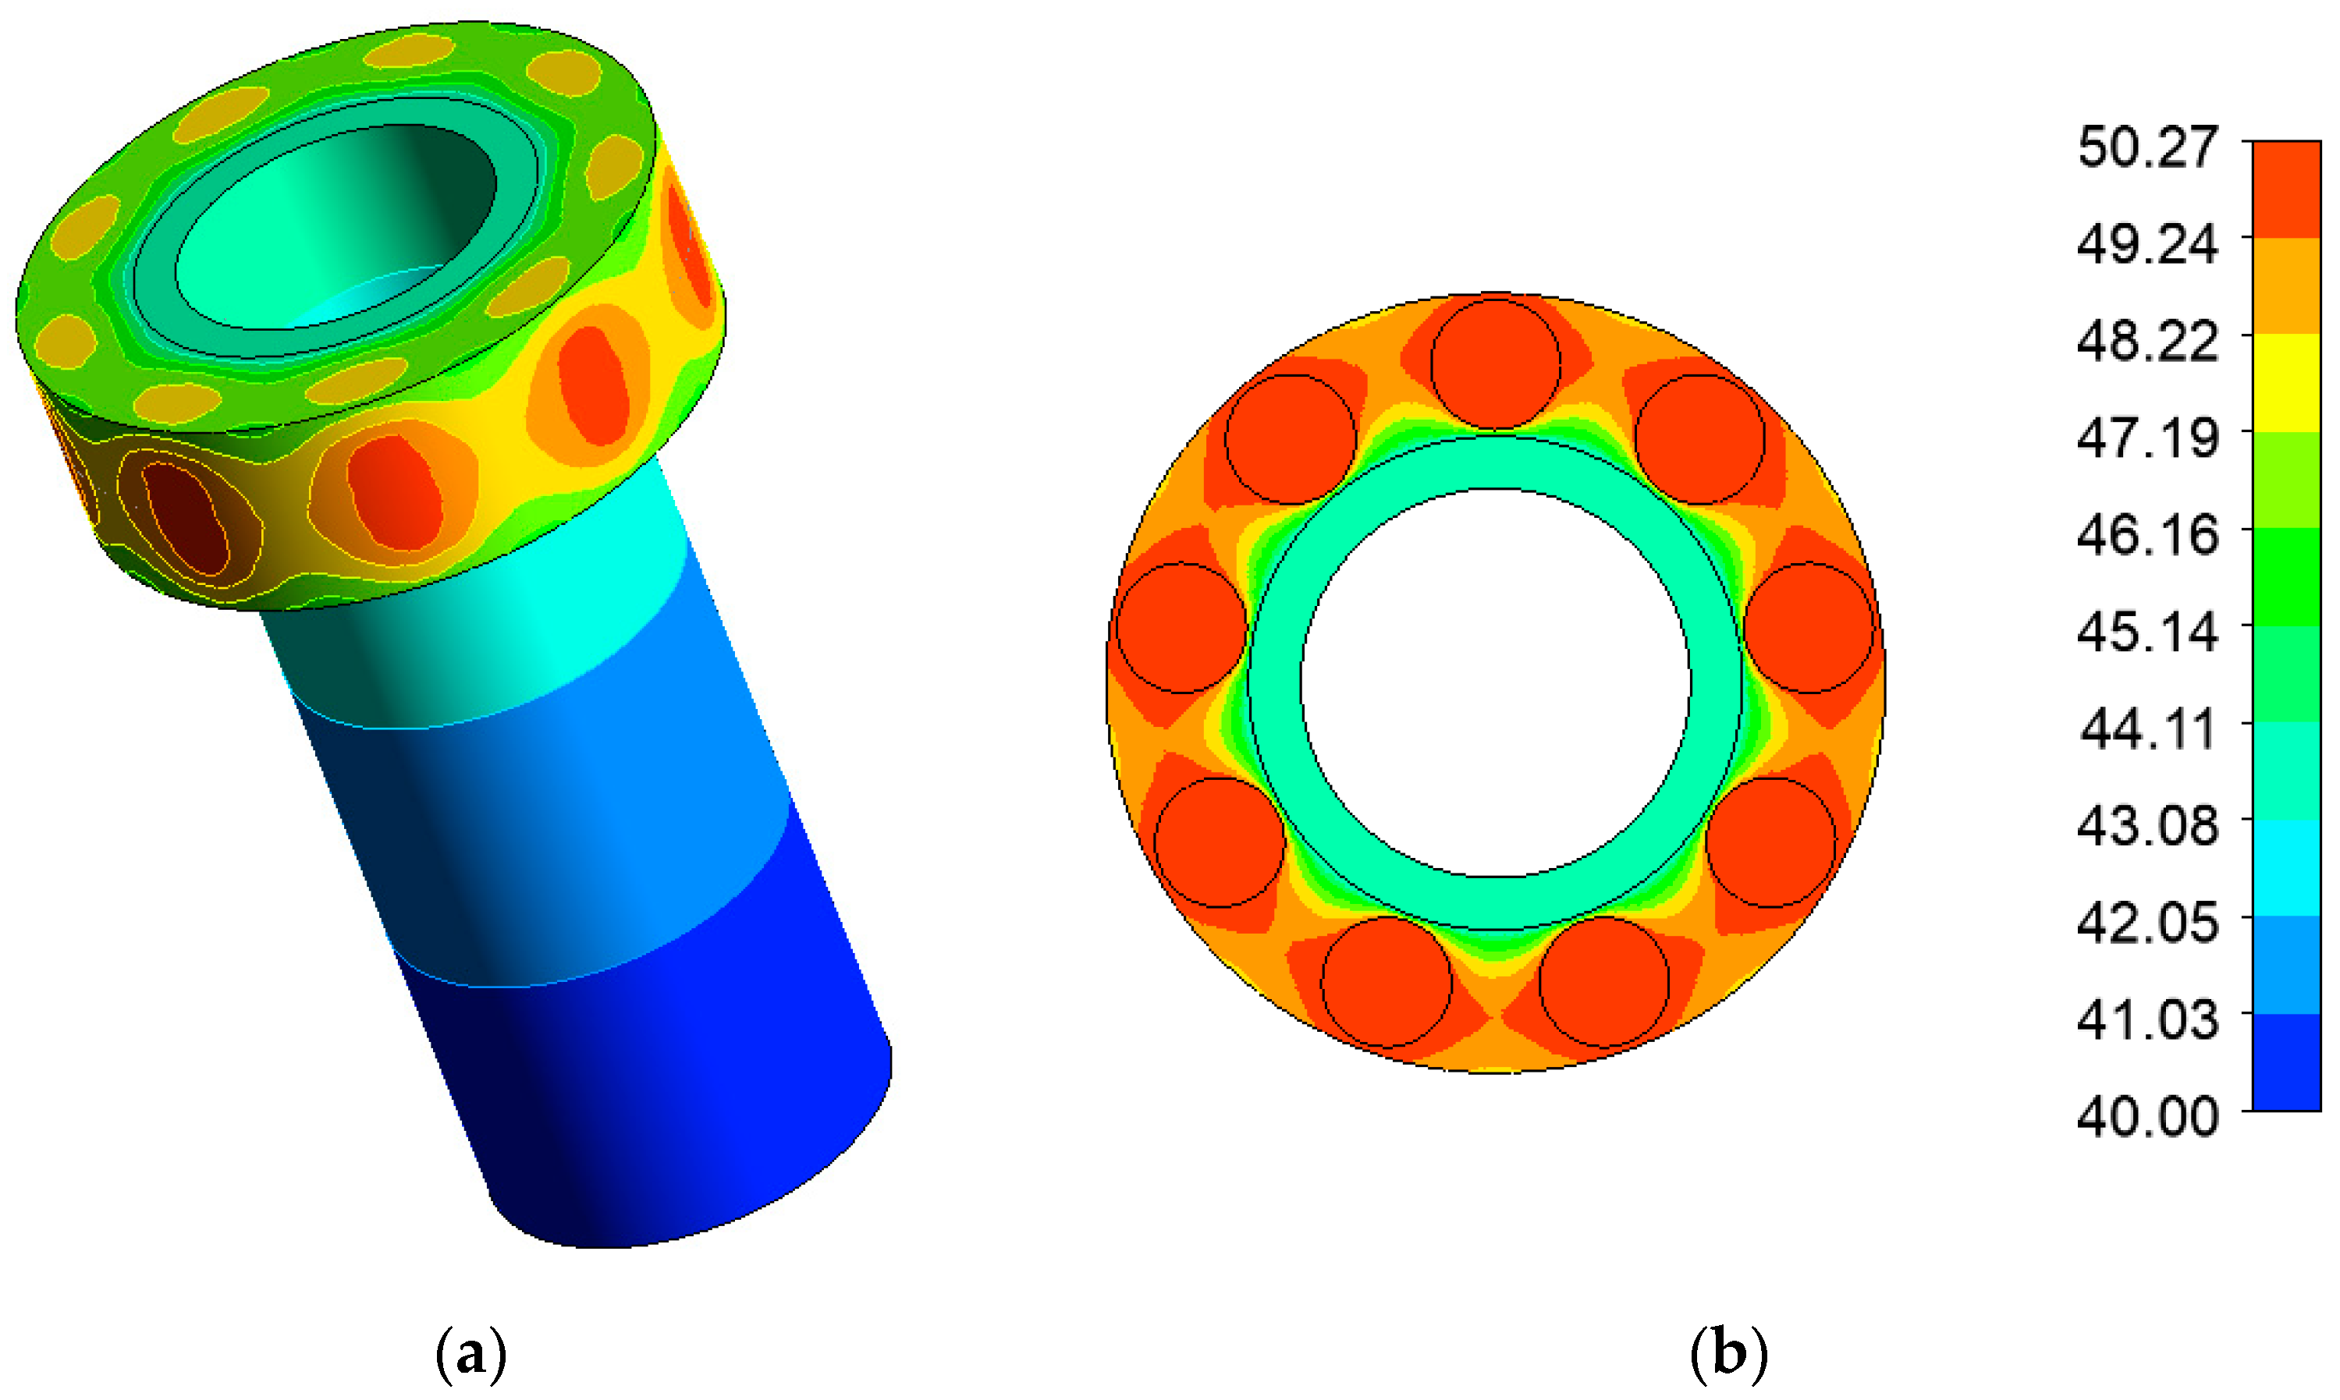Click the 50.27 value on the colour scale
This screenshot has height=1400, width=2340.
coord(2147,147)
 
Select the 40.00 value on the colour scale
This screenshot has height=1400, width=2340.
coord(2147,1116)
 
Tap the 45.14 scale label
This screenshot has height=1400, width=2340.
coord(2147,632)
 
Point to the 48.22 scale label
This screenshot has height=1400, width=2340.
coord(2147,342)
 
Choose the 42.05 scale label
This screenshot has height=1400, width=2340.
coord(2147,923)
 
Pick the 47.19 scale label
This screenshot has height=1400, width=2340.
coord(2147,438)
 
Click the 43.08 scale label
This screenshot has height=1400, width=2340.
coord(2147,825)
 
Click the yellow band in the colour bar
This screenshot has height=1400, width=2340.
coord(2286,383)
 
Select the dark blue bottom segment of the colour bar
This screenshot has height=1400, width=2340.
coord(2286,1062)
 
